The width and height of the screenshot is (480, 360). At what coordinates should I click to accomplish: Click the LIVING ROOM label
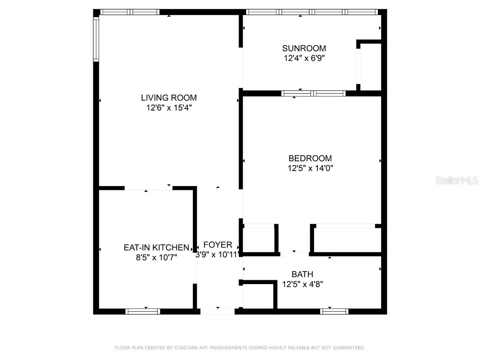169,97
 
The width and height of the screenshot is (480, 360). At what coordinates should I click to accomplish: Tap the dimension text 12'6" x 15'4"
169,108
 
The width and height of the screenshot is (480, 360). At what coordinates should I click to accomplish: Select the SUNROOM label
304,48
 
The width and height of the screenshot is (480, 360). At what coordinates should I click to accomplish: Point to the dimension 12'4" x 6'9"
304,59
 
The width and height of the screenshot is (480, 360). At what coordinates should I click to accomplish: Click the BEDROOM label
310,158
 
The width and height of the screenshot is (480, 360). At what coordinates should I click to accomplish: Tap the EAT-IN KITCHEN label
156,247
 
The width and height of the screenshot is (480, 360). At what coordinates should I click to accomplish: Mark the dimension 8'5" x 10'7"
156,257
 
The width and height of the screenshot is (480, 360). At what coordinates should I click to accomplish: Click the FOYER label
217,245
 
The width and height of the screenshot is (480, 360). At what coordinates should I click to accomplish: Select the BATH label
302,274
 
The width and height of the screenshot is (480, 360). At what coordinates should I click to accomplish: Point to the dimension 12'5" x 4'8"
302,284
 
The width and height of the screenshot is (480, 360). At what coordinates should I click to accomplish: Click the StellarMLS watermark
457,180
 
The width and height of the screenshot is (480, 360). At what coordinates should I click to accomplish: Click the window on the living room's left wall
96,39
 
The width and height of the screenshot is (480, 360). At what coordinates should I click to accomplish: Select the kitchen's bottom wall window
142,311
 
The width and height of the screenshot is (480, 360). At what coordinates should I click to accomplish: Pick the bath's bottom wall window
334,311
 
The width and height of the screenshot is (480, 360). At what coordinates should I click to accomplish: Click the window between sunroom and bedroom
313,93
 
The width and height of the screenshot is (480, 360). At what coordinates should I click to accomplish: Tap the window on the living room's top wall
130,12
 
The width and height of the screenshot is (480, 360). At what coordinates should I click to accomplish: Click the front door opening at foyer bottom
217,311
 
